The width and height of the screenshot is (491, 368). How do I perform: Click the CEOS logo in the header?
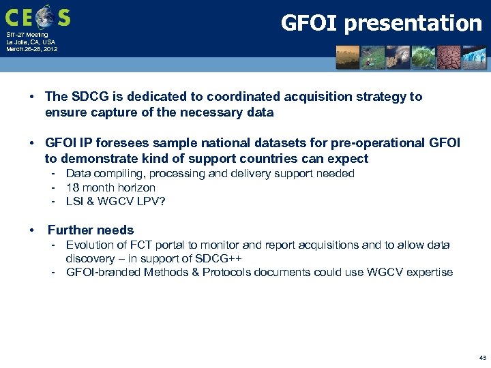coord(38,16)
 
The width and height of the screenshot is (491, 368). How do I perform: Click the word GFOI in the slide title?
coord(310,23)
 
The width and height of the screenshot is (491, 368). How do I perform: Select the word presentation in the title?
coord(413,24)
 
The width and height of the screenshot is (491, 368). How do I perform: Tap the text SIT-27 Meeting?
coord(28,35)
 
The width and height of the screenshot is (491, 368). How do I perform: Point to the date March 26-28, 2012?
coord(32,49)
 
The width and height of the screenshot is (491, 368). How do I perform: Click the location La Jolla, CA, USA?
coord(31,42)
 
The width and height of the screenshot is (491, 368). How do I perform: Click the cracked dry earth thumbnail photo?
coord(449,57)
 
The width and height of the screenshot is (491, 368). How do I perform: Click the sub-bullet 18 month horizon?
coord(110,187)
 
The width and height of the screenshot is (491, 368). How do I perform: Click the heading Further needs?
coord(91,230)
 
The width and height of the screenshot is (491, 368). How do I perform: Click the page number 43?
coord(482,358)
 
